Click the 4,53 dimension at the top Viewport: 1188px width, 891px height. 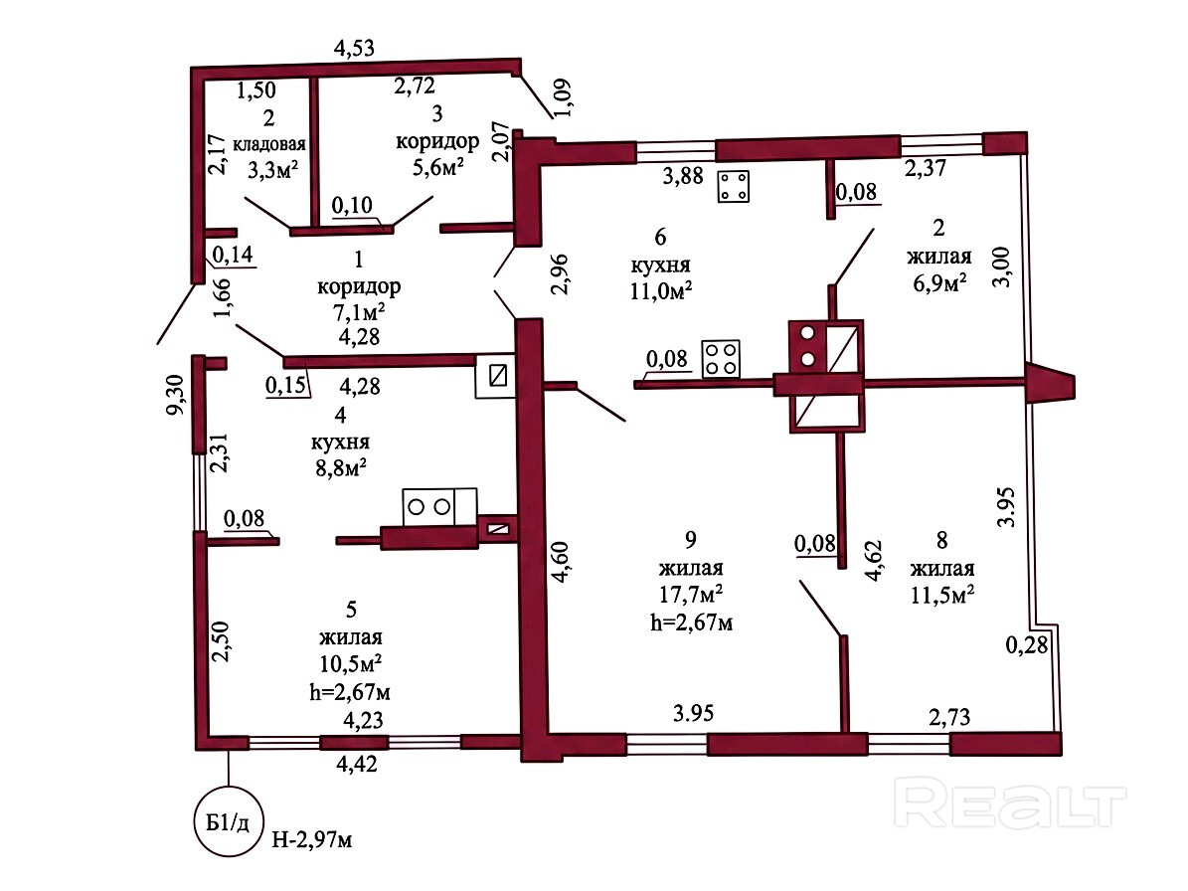[355, 48]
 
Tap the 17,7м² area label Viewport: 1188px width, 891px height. [691, 594]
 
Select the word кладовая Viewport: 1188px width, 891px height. [269, 144]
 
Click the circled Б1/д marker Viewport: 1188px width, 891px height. [228, 822]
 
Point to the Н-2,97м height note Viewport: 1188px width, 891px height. [312, 839]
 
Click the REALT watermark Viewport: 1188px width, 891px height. [1010, 804]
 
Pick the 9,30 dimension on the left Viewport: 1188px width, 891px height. [175, 396]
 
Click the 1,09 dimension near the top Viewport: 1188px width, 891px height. [564, 97]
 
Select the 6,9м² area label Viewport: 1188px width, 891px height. [939, 282]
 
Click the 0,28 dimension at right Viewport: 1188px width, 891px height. [1027, 644]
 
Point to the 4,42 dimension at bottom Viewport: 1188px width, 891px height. [357, 764]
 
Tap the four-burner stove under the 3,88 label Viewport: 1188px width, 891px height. [734, 186]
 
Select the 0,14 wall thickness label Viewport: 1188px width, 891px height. [233, 255]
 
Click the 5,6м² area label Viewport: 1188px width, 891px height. [438, 167]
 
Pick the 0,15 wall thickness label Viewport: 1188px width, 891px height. [286, 385]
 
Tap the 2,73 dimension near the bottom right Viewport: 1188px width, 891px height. [949, 717]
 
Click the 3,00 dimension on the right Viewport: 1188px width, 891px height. [1001, 267]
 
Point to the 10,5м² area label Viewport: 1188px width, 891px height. [350, 663]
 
